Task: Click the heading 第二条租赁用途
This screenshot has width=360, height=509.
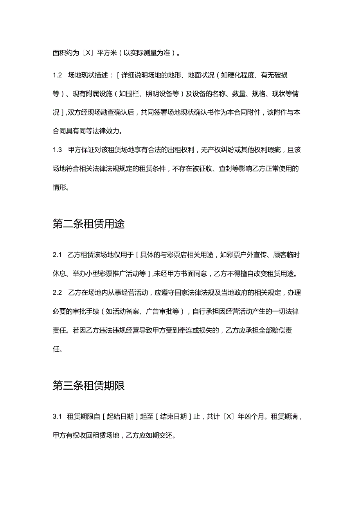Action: [x=88, y=225]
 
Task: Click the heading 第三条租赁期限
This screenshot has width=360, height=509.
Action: [x=88, y=386]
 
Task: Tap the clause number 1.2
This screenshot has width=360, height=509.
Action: [x=58, y=75]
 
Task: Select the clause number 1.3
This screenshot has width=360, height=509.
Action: [x=58, y=149]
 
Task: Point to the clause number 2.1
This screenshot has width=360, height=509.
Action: [x=58, y=255]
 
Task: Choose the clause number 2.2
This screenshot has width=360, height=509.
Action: [x=58, y=293]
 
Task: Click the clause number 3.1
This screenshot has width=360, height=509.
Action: [x=58, y=417]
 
